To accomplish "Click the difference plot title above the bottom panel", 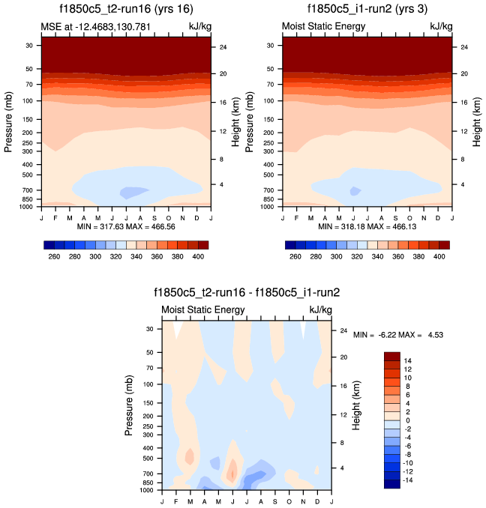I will point(246,293).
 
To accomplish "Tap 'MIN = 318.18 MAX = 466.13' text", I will point(367,226).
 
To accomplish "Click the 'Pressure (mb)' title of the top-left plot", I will point(9,120).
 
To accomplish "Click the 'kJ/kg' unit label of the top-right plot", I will point(441,27).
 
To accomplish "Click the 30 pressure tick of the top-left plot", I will point(29,45).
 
